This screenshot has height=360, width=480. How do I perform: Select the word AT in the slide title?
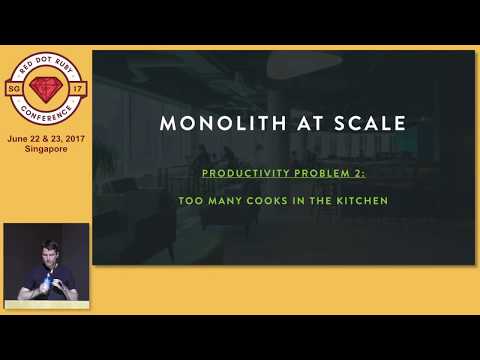click(x=303, y=124)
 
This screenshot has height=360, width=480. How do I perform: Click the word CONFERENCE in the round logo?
click(x=43, y=113)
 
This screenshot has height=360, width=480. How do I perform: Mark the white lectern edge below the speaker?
click(x=45, y=304)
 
